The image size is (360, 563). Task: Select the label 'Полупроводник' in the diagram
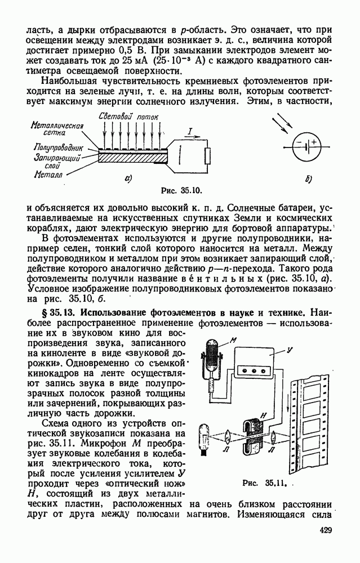coord(52,146)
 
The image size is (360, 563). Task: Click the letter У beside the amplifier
coord(288,350)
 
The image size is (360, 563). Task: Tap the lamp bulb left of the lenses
coord(203,436)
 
